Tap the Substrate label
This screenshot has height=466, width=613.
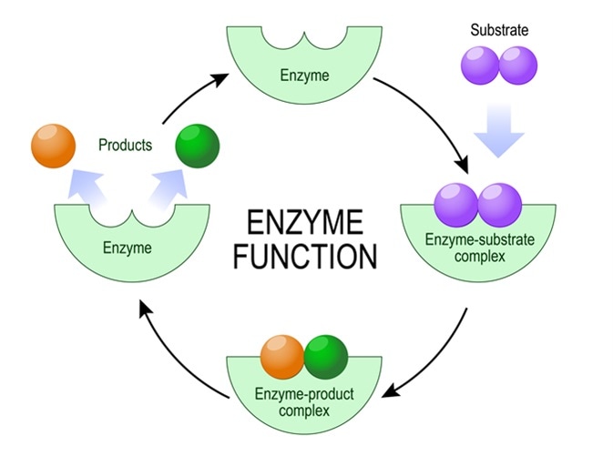coord(498,30)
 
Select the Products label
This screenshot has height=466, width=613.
coord(125,145)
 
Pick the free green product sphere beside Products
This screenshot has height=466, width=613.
coord(198,146)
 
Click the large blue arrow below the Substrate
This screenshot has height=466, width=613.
coord(498,127)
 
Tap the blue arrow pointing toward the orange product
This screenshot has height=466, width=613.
coord(87,189)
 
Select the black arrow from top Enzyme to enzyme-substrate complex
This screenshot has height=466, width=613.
coord(428,118)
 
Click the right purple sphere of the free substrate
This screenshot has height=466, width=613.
coord(518,66)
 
